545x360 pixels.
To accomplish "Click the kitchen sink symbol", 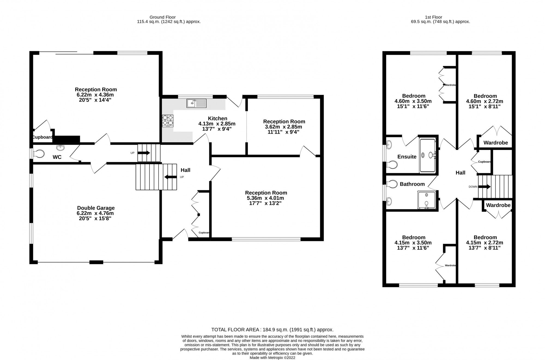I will pyautogui.click(x=196, y=103).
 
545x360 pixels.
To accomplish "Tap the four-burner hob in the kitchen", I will pyautogui.click(x=168, y=121).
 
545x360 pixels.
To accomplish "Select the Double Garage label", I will pyautogui.click(x=96, y=208).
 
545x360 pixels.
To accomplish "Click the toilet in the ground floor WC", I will pyautogui.click(x=39, y=154).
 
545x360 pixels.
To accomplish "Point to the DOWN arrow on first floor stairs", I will pyautogui.click(x=485, y=187).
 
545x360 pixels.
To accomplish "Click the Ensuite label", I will pyautogui.click(x=407, y=157).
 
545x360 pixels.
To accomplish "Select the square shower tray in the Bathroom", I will pyautogui.click(x=426, y=200).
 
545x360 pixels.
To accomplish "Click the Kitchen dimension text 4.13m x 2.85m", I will pyautogui.click(x=217, y=124).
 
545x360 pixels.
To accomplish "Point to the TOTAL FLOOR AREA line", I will pyautogui.click(x=272, y=330).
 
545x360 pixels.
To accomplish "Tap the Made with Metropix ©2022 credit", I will pyautogui.click(x=272, y=358).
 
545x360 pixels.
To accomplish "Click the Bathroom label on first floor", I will pyautogui.click(x=412, y=184).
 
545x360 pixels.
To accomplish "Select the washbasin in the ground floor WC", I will pyautogui.click(x=60, y=147).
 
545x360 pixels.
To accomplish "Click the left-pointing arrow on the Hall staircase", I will pyautogui.click(x=170, y=177).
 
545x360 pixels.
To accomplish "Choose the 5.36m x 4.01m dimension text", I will pyautogui.click(x=266, y=198).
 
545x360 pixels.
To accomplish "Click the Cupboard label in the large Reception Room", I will pyautogui.click(x=42, y=137).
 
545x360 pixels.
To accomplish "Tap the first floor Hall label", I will pyautogui.click(x=460, y=173).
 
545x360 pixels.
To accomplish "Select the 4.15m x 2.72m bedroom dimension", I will pyautogui.click(x=485, y=243).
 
